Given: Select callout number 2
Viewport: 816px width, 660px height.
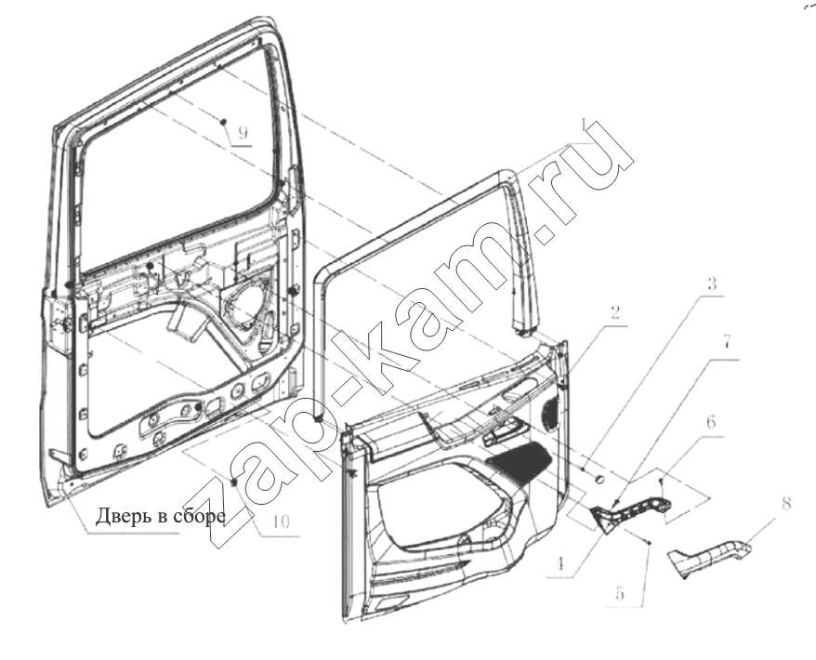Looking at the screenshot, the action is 615,312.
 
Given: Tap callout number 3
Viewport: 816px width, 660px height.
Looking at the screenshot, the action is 712,284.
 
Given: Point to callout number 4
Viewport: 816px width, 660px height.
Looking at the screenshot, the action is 559,564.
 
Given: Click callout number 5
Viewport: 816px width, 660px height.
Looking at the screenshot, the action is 620,593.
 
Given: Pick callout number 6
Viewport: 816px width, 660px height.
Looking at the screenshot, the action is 711,422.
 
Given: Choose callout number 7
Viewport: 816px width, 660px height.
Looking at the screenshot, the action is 727,342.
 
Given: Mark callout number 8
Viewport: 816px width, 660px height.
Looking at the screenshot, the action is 786,503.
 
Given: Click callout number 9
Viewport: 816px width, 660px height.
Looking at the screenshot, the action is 243,133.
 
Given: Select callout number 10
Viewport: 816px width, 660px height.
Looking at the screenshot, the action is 280,522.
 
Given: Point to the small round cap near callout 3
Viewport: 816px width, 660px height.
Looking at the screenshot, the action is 600,480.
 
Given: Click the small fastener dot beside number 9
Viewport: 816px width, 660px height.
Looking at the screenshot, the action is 223,121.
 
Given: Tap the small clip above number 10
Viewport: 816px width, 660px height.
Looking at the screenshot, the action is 233,482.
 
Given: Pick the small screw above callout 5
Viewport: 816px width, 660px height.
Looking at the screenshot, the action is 650,544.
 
